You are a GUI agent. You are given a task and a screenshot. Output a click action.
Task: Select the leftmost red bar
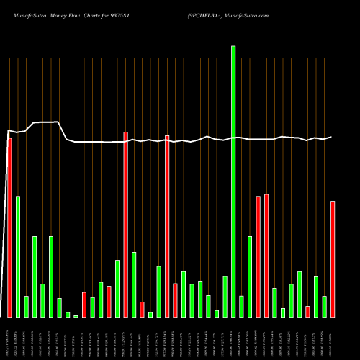click(9, 228)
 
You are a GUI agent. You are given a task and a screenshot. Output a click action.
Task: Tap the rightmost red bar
click(333, 259)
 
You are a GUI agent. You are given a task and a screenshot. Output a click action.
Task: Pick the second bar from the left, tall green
click(18, 256)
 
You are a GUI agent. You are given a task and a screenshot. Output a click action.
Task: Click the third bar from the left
click(26, 307)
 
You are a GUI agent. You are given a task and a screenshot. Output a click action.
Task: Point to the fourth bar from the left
click(35, 276)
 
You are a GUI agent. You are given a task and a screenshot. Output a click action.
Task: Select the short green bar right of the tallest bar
click(241, 307)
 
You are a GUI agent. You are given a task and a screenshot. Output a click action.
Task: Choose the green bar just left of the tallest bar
click(225, 297)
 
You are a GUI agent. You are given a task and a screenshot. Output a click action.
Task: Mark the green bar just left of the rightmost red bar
click(324, 307)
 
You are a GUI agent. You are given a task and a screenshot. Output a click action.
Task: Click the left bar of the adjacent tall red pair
click(258, 256)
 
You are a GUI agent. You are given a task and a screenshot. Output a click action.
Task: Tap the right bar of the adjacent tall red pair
click(266, 256)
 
